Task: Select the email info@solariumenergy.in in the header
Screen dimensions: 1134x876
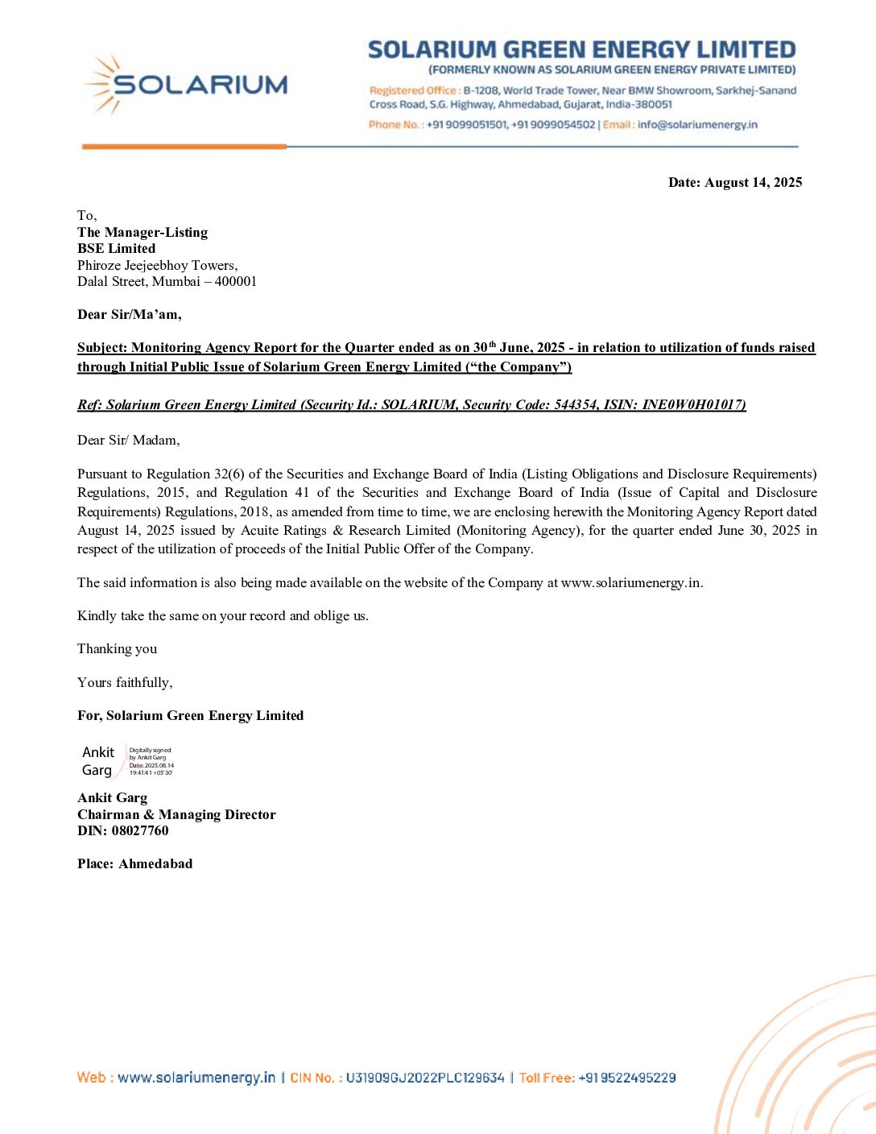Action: (x=697, y=125)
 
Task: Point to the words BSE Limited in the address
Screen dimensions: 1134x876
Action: (x=116, y=249)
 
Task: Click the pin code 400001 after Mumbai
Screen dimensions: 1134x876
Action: (x=236, y=282)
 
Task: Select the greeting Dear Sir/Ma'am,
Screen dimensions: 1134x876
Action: (x=129, y=315)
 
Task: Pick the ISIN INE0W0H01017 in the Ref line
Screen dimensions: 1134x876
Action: (x=692, y=405)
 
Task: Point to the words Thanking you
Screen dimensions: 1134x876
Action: (x=117, y=649)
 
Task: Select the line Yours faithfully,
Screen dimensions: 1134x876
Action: (x=125, y=683)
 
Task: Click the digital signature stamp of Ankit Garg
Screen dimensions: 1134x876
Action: (x=126, y=761)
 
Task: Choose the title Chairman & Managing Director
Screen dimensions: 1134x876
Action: (x=176, y=815)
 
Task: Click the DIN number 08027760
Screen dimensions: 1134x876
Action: (x=140, y=831)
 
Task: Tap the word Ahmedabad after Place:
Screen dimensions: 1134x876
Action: (x=155, y=864)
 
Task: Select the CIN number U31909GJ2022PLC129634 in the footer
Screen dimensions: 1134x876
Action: (x=425, y=1078)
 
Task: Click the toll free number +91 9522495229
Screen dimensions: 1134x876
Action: (x=626, y=1078)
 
